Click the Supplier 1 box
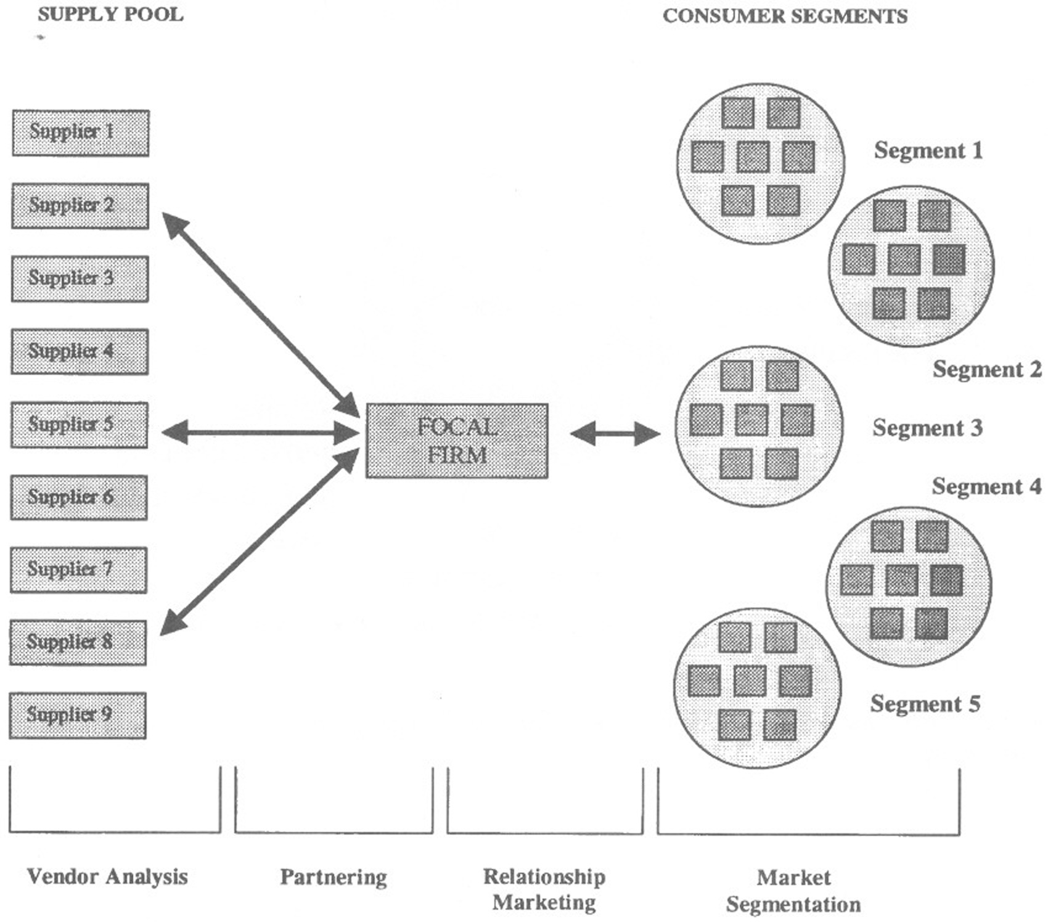pos(80,133)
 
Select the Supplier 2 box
pos(80,206)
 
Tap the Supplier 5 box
pos(79,425)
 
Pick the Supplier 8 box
pos(78,643)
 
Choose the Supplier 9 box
pos(78,716)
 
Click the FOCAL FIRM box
pos(457,441)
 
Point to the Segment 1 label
pos(928,150)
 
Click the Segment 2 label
pos(987,369)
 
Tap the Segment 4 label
pos(986,486)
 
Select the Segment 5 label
pos(925,704)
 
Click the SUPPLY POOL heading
pos(110,15)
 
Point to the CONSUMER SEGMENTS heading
pos(785,16)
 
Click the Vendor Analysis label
pos(107,876)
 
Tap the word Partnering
pos(334,877)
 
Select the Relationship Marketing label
pos(544,889)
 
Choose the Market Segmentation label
pos(793,891)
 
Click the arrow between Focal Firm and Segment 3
pos(615,434)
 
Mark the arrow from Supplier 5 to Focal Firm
pos(260,433)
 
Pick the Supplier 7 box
pos(78,570)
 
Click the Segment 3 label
pos(927,428)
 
